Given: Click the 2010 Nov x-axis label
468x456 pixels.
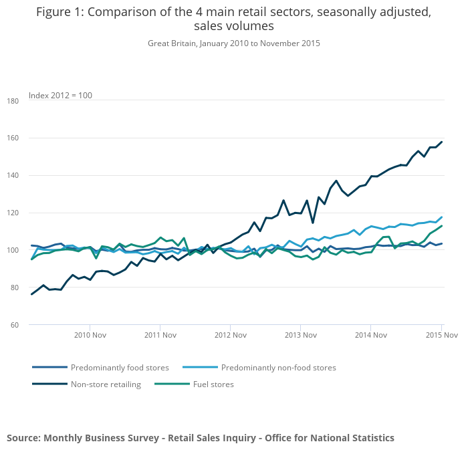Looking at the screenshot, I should click(x=90, y=334).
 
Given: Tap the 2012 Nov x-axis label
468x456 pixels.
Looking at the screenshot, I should click(x=230, y=334).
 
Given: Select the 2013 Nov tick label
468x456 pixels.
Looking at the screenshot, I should click(x=300, y=334).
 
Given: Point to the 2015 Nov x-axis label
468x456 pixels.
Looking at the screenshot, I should click(x=441, y=334).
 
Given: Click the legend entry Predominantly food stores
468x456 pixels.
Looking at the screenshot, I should click(x=120, y=368).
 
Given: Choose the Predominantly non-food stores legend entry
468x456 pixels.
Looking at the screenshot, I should click(x=278, y=368).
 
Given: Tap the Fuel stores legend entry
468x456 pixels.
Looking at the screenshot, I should click(x=213, y=384).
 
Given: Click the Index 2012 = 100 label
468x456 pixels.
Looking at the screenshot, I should click(x=60, y=96).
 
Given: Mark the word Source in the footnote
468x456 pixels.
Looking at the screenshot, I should click(x=23, y=438).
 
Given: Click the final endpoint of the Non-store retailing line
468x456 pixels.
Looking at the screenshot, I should click(x=442, y=142).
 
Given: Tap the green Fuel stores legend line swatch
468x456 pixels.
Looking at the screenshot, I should click(x=171, y=384).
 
